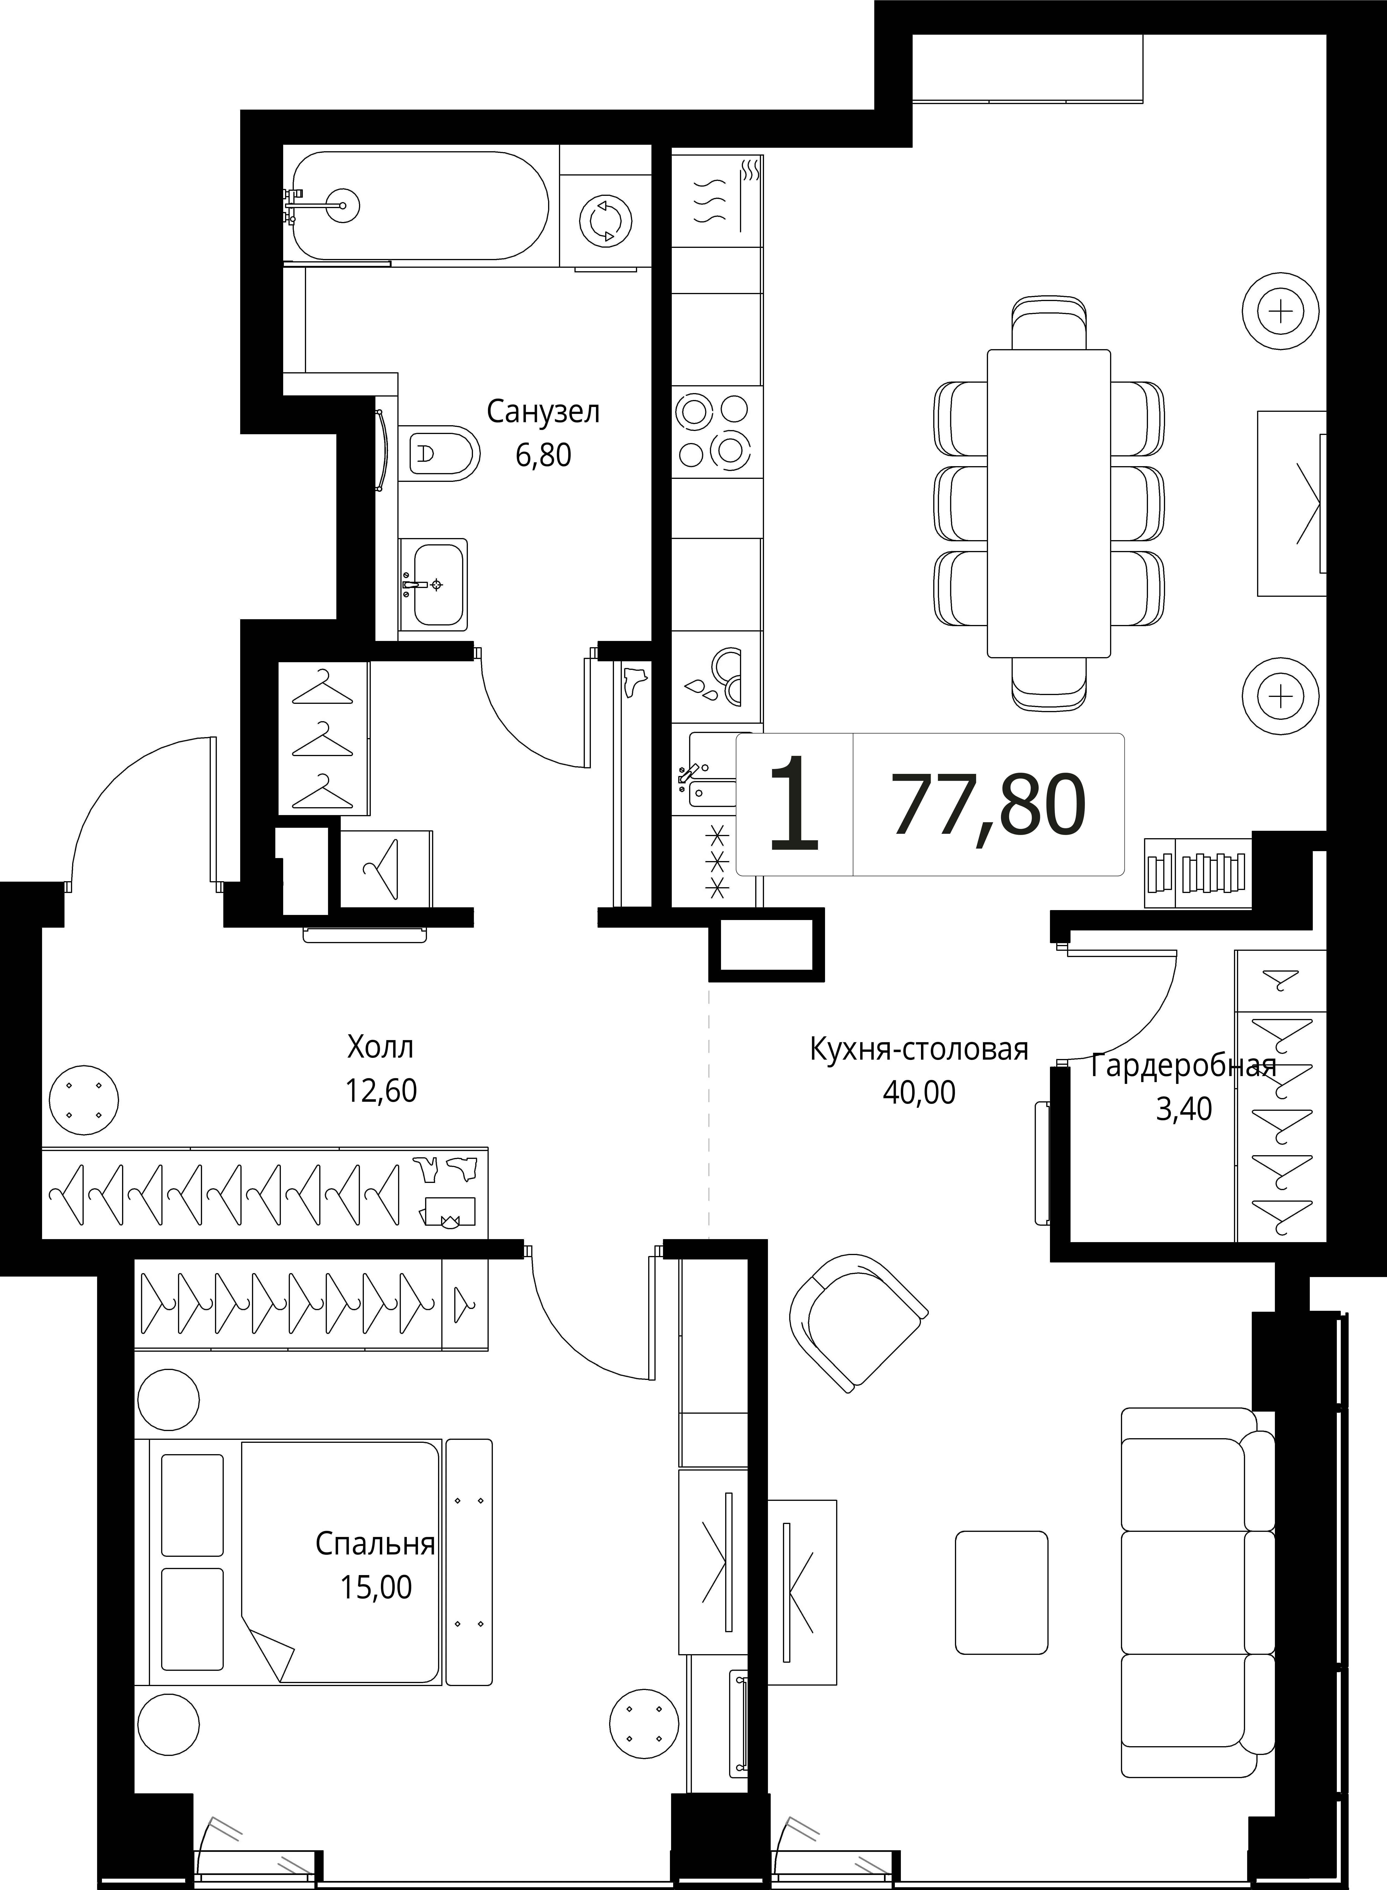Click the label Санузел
pos(543,412)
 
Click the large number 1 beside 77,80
pos(793,803)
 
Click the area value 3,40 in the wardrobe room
pos(1184,1109)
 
